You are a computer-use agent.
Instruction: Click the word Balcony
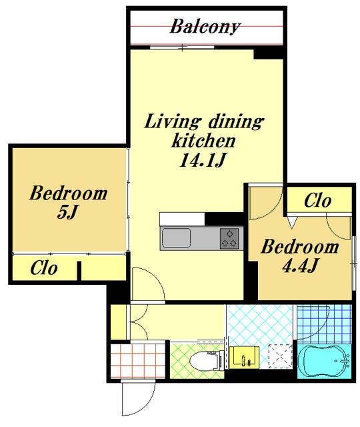pyautogui.click(x=205, y=27)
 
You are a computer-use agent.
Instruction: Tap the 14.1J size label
pyautogui.click(x=203, y=160)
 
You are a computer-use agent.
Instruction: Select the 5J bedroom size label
pyautogui.click(x=68, y=212)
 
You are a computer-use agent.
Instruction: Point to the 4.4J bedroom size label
pyautogui.click(x=299, y=265)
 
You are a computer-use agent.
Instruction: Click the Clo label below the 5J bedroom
pyautogui.click(x=44, y=268)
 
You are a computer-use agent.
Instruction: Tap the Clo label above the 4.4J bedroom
pyautogui.click(x=317, y=201)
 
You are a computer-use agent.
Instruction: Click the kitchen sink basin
pyautogui.click(x=176, y=238)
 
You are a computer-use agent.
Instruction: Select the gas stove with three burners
pyautogui.click(x=229, y=239)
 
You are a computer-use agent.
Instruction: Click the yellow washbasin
pyautogui.click(x=244, y=358)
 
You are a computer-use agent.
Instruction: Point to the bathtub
pyautogui.click(x=324, y=362)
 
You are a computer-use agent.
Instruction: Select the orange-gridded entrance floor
pyautogui.click(x=138, y=361)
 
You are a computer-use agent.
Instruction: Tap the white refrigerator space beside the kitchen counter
pyautogui.click(x=182, y=219)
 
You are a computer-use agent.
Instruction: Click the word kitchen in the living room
pyautogui.click(x=203, y=141)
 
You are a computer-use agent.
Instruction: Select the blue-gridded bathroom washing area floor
pyautogui.click(x=325, y=323)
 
